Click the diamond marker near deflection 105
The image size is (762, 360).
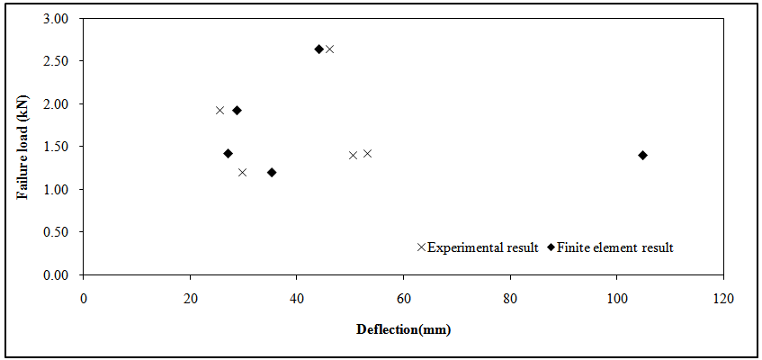642,155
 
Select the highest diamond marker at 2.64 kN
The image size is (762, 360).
318,49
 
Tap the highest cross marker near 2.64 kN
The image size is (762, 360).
329,49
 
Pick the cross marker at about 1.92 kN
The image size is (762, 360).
220,110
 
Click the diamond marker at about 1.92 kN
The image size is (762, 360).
237,110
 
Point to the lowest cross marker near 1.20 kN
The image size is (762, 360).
242,172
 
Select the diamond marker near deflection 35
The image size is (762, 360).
272,172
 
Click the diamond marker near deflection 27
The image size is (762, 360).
228,153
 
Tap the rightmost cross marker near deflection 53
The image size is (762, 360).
367,153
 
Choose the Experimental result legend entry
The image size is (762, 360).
478,247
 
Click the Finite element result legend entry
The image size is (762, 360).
610,247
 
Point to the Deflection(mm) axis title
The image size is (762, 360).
403,329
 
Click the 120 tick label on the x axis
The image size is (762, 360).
723,296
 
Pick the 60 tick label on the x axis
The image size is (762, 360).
403,296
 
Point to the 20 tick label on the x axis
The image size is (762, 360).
190,296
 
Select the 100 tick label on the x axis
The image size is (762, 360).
616,296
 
